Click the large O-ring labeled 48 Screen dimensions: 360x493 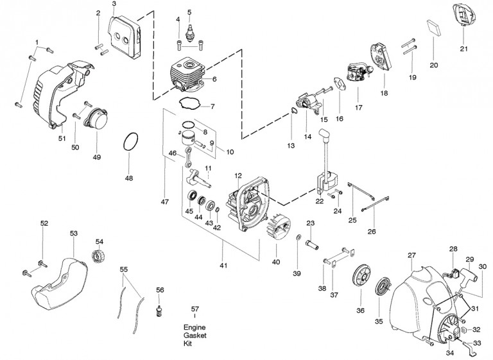click(x=130, y=142)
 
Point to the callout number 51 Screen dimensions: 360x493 click(x=62, y=137)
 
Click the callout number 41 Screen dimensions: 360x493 click(x=223, y=265)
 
